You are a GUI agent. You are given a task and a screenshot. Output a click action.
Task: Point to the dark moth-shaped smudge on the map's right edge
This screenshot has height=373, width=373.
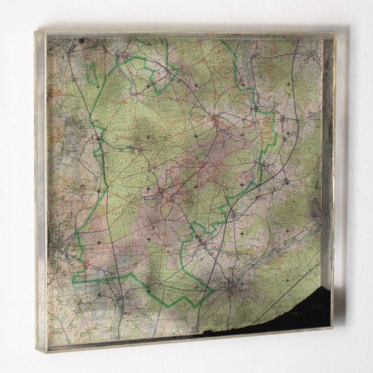315,209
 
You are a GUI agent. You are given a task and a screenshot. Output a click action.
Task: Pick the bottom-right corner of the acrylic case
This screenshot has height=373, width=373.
332,328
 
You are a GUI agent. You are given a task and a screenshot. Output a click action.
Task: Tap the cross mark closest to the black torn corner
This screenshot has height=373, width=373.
287,281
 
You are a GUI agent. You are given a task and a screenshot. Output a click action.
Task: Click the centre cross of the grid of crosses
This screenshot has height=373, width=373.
195,186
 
